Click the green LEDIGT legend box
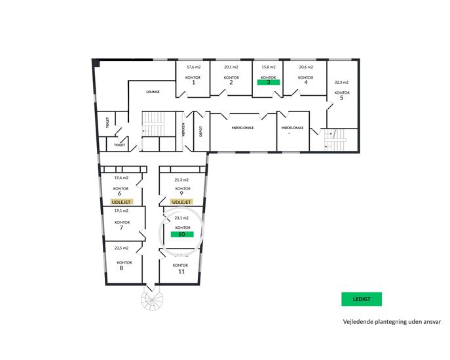[362, 299]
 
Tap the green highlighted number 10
[182, 234]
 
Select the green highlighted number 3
[269, 82]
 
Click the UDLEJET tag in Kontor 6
[121, 202]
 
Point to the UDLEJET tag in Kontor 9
[181, 202]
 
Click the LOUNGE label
[153, 92]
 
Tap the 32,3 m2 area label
[341, 82]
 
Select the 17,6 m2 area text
[194, 67]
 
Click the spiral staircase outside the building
[152, 300]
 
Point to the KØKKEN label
[183, 130]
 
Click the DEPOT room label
[200, 131]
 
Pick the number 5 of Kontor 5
[341, 98]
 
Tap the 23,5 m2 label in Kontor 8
[121, 248]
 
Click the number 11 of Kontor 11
[181, 271]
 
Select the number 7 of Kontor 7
[121, 228]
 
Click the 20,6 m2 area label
[306, 67]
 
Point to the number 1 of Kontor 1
[193, 83]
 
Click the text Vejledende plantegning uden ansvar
[392, 322]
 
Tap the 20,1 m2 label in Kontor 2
[231, 67]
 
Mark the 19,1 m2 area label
[121, 210]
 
